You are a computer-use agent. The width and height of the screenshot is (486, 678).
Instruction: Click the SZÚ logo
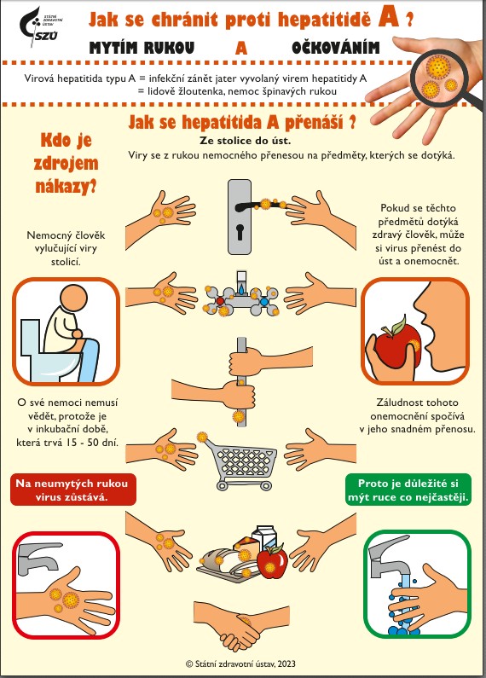[x=40, y=27]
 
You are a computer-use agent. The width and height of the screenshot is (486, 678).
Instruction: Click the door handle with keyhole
[x=240, y=217]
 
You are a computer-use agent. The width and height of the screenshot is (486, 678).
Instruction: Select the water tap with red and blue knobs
[x=241, y=294]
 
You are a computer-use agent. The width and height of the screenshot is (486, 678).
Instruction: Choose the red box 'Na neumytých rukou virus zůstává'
[x=72, y=490]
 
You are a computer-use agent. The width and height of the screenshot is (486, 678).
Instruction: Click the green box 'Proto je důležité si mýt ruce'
[x=408, y=490]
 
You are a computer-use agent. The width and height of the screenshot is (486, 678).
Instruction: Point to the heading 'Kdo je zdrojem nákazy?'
[x=67, y=163]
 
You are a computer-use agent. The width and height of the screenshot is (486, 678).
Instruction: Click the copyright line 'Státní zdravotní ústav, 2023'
[x=240, y=664]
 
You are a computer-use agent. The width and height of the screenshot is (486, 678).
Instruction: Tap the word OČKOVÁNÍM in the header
[x=336, y=48]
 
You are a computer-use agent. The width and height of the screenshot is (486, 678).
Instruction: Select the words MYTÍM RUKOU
[x=142, y=48]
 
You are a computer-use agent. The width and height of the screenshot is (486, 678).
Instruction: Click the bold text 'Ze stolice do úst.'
[x=246, y=141]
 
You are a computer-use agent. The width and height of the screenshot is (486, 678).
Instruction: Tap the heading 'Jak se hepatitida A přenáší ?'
[x=242, y=122]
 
